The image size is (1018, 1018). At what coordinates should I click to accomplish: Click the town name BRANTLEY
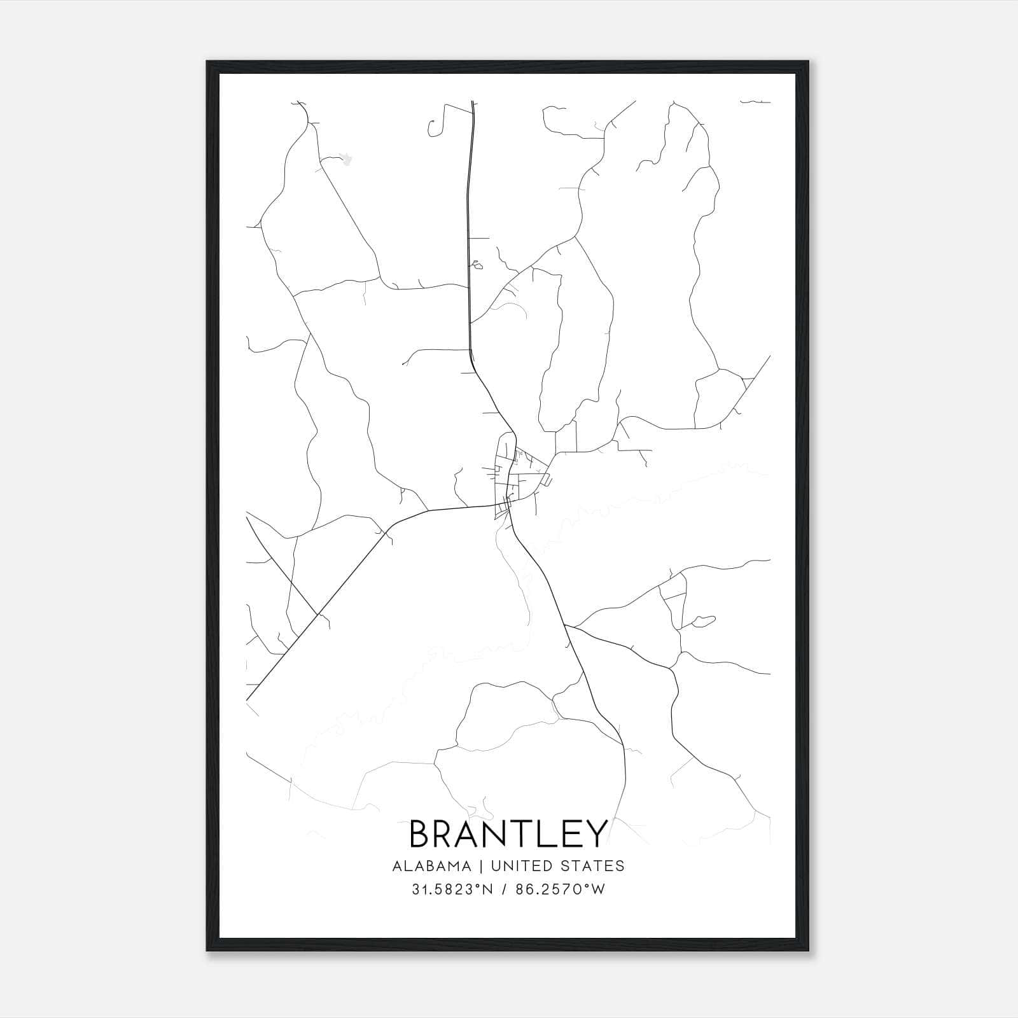508,834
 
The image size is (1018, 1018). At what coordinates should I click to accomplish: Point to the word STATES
592,866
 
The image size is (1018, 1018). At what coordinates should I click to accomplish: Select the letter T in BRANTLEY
515,834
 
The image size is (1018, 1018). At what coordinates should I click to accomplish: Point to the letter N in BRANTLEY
489,834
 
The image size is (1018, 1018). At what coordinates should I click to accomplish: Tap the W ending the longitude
598,889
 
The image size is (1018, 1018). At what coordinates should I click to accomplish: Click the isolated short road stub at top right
755,101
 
